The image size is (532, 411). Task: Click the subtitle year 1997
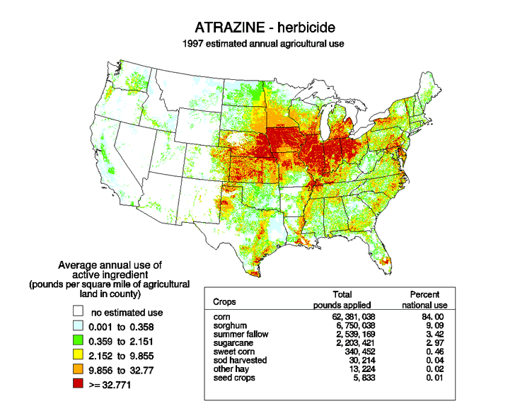click(195, 43)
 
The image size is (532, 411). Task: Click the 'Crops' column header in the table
click(225, 301)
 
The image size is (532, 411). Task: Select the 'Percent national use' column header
click(424, 299)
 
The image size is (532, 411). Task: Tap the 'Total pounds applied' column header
click(342, 299)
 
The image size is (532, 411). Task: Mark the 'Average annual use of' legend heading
click(109, 265)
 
